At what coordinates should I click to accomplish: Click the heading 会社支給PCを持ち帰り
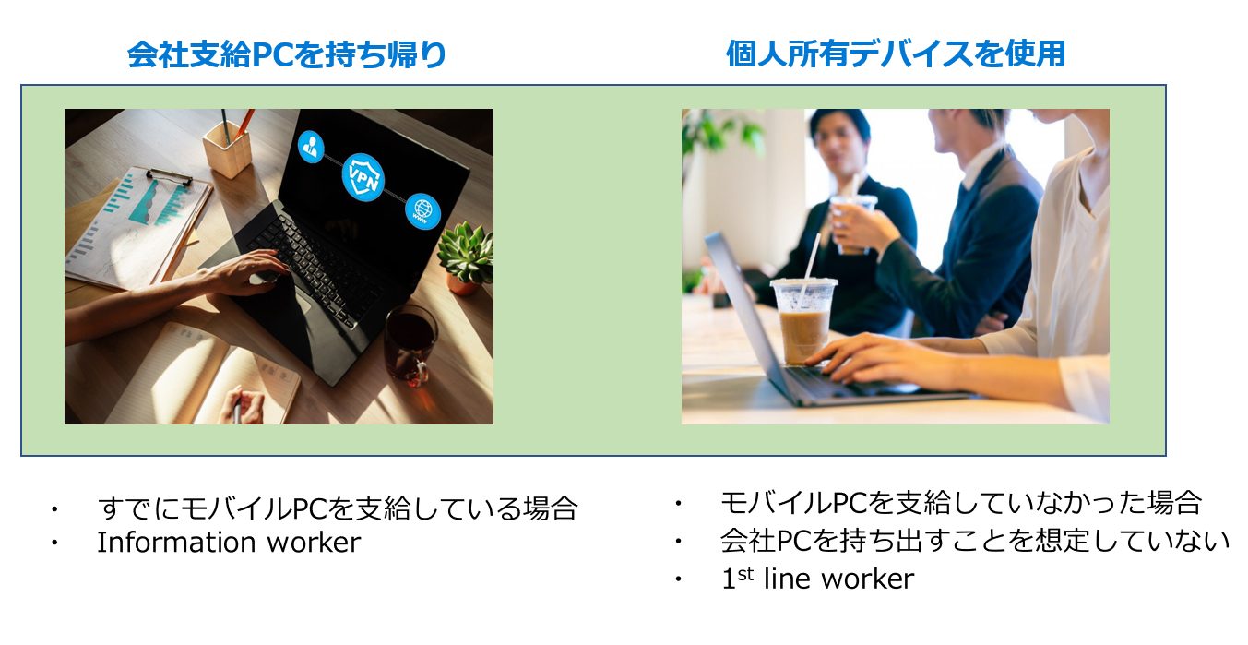point(287,54)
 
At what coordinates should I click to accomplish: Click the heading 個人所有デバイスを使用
point(896,54)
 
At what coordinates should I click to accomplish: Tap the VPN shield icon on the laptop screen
point(363,177)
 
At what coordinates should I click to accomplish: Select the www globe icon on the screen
point(422,211)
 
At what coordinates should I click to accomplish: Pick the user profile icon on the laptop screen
point(310,147)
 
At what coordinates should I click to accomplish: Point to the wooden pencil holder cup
point(227,149)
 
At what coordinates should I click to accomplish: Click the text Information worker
point(229,543)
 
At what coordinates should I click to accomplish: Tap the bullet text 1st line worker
point(818,579)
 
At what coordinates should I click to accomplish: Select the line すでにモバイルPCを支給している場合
point(337,508)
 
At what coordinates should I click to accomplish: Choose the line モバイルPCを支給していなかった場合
point(960,503)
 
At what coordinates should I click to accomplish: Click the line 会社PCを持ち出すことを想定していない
point(975,540)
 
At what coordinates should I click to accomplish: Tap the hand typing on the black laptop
point(245,273)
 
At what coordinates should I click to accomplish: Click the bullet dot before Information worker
point(54,543)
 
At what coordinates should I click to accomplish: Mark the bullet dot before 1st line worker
point(678,579)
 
